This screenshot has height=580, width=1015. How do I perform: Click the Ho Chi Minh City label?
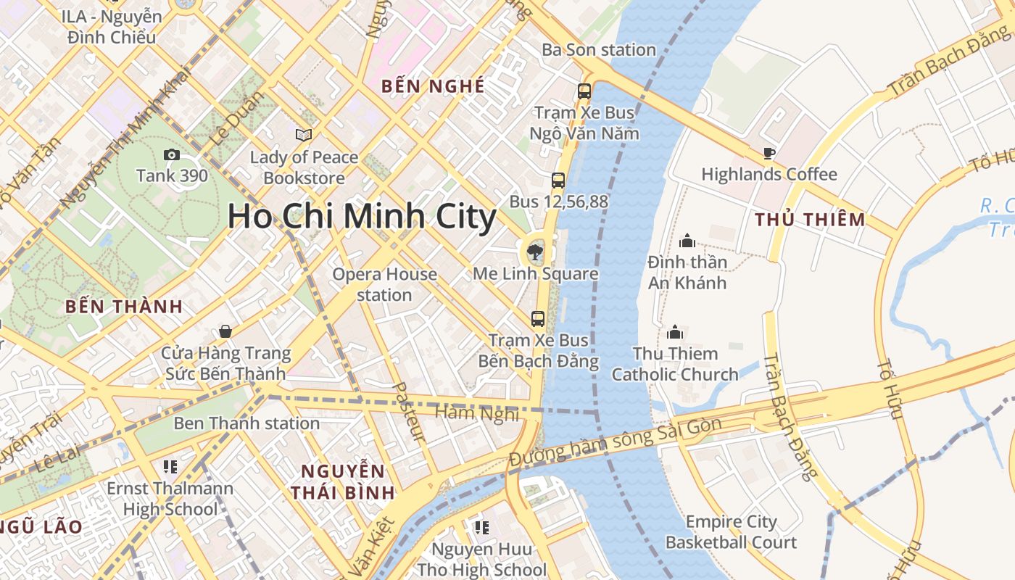click(362, 216)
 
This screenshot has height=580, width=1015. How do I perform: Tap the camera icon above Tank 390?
click(172, 154)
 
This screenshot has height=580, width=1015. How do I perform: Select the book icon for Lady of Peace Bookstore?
click(304, 135)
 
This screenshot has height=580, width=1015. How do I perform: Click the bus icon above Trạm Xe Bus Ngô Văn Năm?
click(584, 91)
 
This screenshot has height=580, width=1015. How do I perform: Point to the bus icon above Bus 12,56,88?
click(558, 181)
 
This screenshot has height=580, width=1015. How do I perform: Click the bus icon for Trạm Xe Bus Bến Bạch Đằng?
click(538, 318)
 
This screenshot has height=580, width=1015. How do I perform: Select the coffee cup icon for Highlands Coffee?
click(768, 153)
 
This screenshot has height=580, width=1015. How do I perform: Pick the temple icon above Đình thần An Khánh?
click(687, 241)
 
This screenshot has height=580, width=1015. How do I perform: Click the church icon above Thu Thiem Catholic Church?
click(675, 333)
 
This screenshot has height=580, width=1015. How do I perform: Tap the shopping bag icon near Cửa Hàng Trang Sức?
click(225, 331)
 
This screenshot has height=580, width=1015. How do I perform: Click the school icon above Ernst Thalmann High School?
click(170, 466)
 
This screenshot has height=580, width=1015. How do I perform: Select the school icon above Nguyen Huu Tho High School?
click(481, 527)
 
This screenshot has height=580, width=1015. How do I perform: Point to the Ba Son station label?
click(599, 49)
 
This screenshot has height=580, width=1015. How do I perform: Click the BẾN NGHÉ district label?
click(433, 86)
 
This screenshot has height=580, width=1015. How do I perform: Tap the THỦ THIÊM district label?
click(810, 219)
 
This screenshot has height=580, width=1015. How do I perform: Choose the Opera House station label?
click(384, 284)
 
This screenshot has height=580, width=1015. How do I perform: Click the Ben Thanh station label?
click(246, 423)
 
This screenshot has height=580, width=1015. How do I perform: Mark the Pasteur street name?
click(408, 411)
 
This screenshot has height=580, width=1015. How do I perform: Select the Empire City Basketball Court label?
click(731, 531)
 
